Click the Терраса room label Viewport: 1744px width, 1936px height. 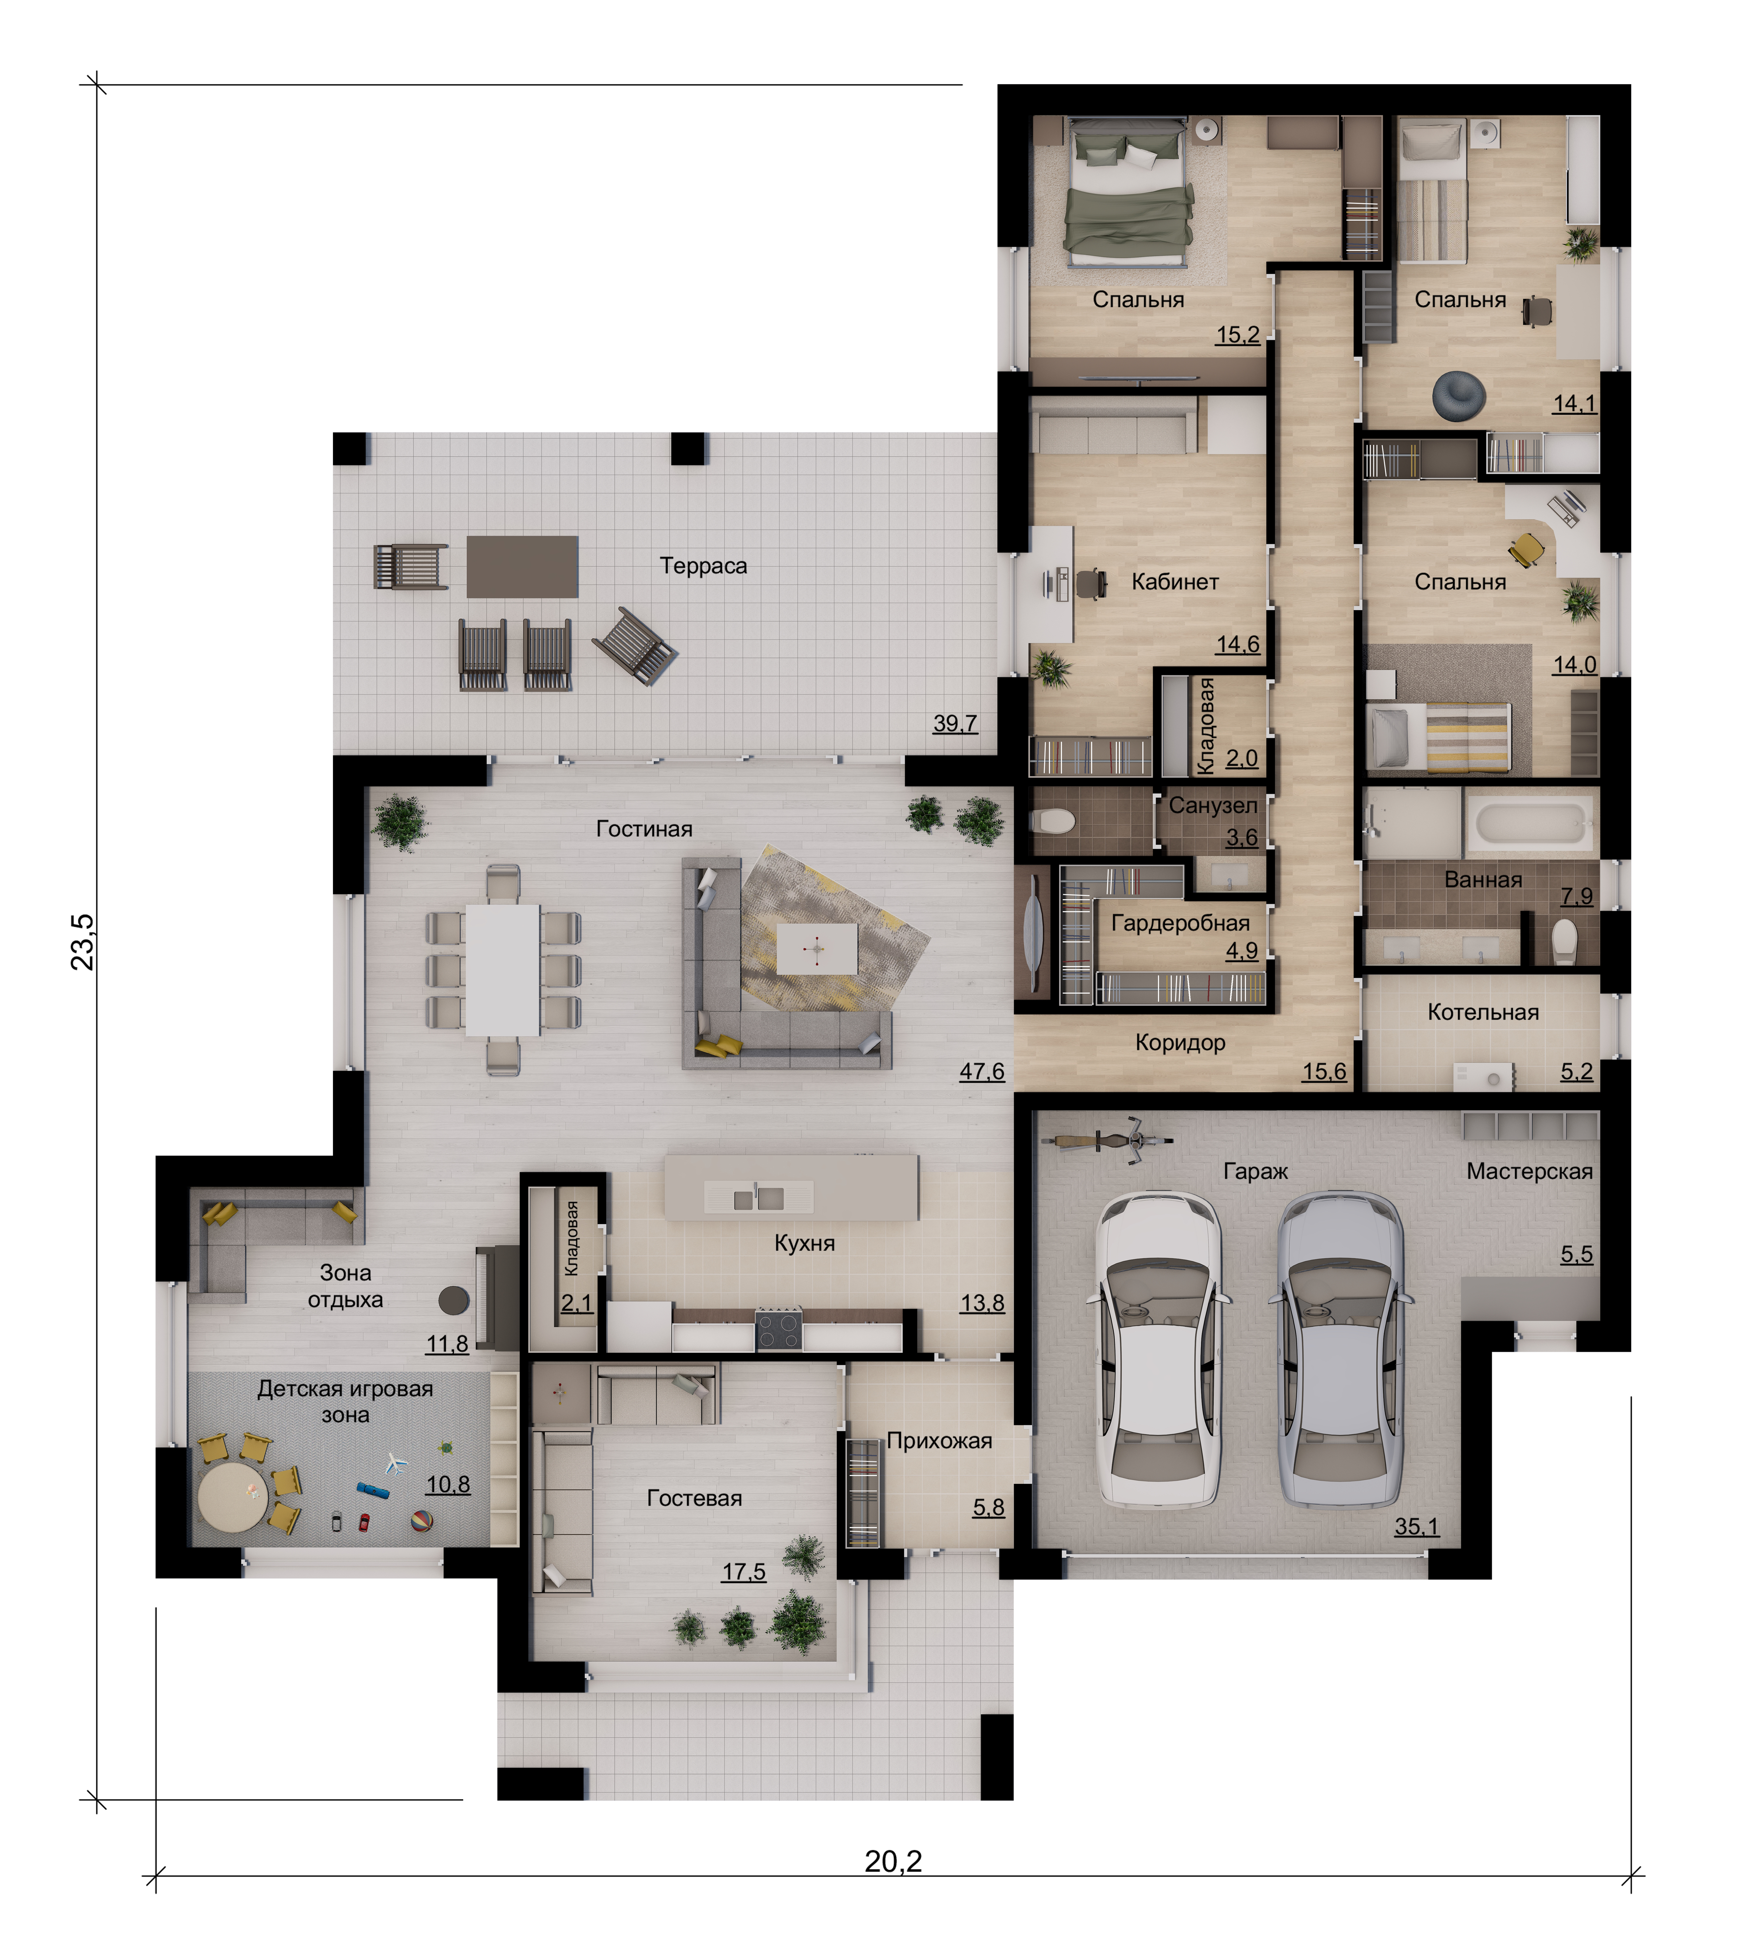[x=703, y=566]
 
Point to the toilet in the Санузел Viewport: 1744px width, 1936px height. [x=1054, y=821]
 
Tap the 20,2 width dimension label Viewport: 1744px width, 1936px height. [x=893, y=1861]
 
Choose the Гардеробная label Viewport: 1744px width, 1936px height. [x=1181, y=923]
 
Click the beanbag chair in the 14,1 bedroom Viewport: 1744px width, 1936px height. [x=1459, y=395]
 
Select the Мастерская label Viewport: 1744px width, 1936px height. [x=1529, y=1172]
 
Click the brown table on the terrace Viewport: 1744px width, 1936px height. [x=522, y=566]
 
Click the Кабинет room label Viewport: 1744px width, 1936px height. [x=1175, y=582]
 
